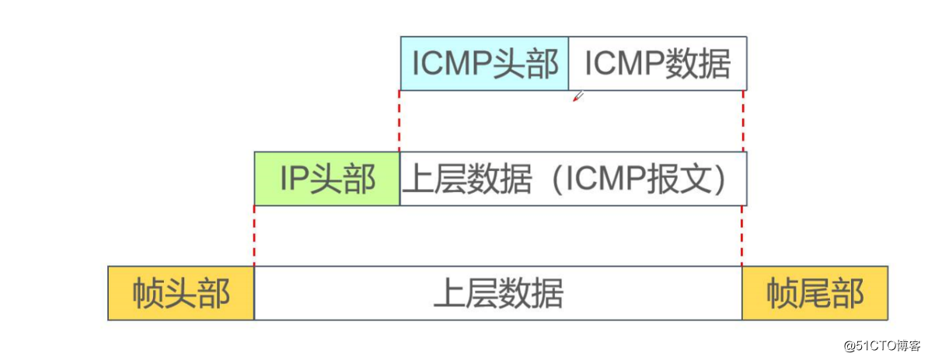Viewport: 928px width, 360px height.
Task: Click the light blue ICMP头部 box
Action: [x=484, y=63]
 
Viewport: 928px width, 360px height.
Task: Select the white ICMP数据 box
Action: [x=658, y=63]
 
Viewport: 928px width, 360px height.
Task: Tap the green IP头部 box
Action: [x=327, y=179]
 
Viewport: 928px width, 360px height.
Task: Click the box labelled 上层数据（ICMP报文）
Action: [x=573, y=179]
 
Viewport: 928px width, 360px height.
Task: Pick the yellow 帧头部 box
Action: [x=181, y=293]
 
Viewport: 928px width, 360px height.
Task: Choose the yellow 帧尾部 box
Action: [x=815, y=293]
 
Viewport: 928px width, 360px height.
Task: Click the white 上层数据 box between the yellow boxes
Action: [x=497, y=293]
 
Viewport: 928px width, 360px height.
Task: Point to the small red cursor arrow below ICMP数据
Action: [x=577, y=96]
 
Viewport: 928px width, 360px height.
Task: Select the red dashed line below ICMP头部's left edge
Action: [x=399, y=121]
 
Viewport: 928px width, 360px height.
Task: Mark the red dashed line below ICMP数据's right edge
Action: [x=744, y=121]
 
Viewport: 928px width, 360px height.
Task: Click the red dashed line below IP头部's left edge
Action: [x=254, y=236]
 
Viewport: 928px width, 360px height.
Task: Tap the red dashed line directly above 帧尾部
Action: [x=742, y=236]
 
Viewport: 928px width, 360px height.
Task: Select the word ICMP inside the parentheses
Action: [x=605, y=179]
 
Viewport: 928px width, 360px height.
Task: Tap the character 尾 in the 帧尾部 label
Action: [x=815, y=293]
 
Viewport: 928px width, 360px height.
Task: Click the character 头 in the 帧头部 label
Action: [x=181, y=293]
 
